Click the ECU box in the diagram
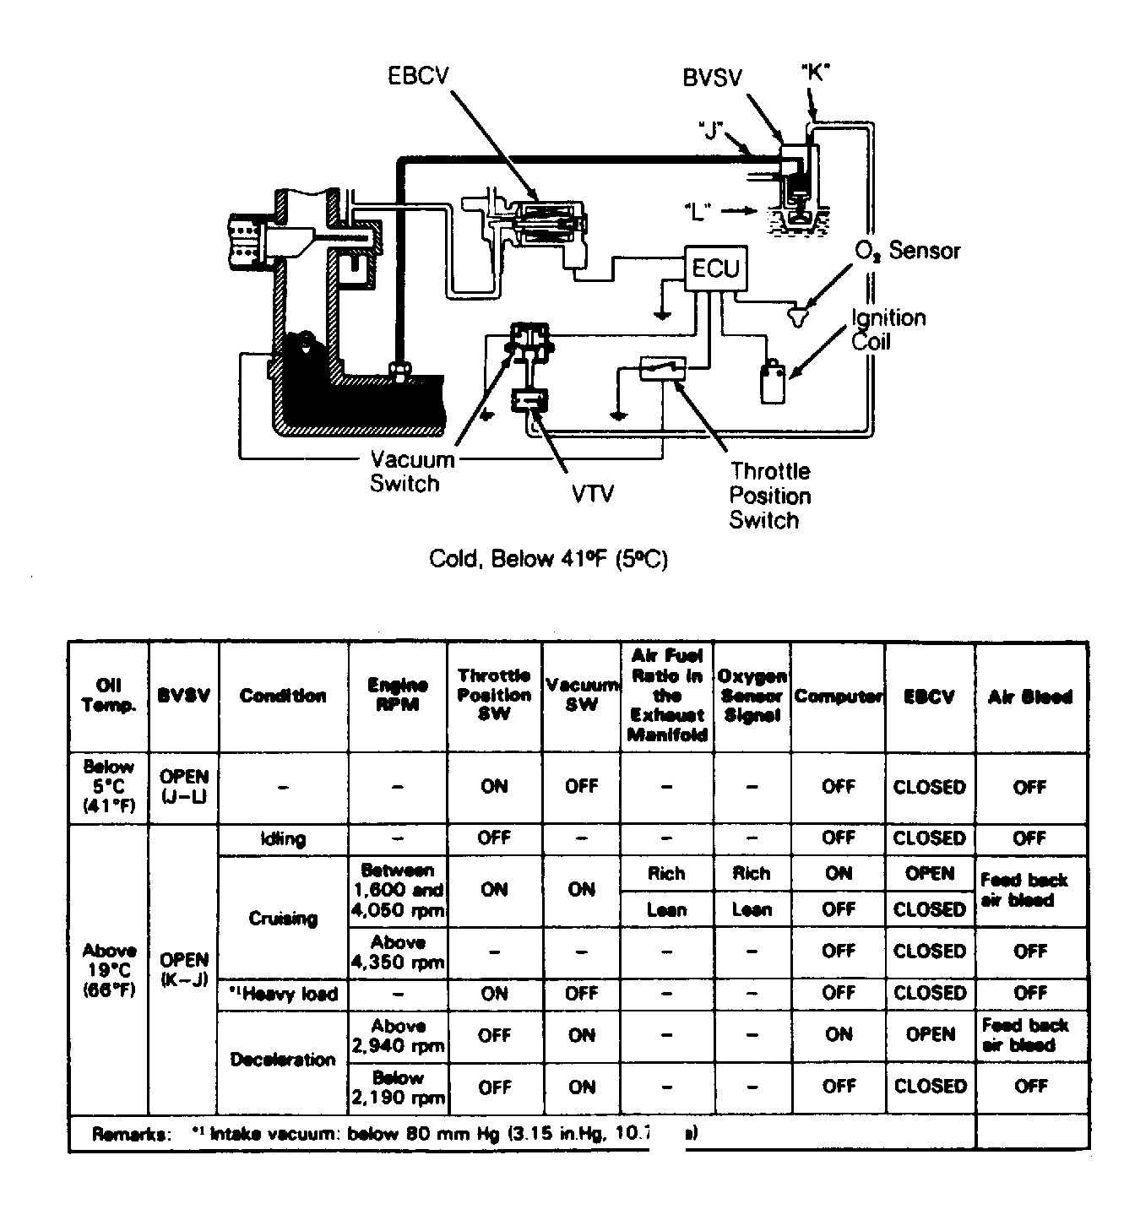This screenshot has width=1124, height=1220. pyautogui.click(x=714, y=268)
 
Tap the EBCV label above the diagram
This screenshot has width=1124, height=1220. pyautogui.click(x=417, y=76)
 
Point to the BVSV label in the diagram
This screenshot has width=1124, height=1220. pyautogui.click(x=712, y=78)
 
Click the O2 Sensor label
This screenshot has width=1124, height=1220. pyautogui.click(x=908, y=251)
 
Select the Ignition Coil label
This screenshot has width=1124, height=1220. pyautogui.click(x=888, y=329)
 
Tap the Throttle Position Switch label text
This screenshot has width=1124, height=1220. pyautogui.click(x=769, y=496)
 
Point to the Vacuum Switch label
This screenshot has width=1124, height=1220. pyautogui.click(x=411, y=471)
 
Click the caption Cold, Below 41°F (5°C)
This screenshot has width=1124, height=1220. pyautogui.click(x=548, y=559)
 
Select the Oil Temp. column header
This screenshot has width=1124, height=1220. pyautogui.click(x=109, y=696)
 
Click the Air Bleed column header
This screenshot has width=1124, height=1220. pyautogui.click(x=1029, y=697)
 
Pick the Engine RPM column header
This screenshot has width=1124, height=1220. pyautogui.click(x=397, y=696)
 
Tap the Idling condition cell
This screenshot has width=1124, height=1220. pyautogui.click(x=283, y=838)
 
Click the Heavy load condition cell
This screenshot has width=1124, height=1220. pyautogui.click(x=283, y=994)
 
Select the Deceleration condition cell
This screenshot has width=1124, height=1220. pyautogui.click(x=283, y=1060)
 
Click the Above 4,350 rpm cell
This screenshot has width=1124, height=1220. pyautogui.click(x=397, y=952)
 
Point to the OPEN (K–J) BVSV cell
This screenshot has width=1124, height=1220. pyautogui.click(x=184, y=970)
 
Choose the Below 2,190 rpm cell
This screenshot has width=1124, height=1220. pyautogui.click(x=397, y=1088)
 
